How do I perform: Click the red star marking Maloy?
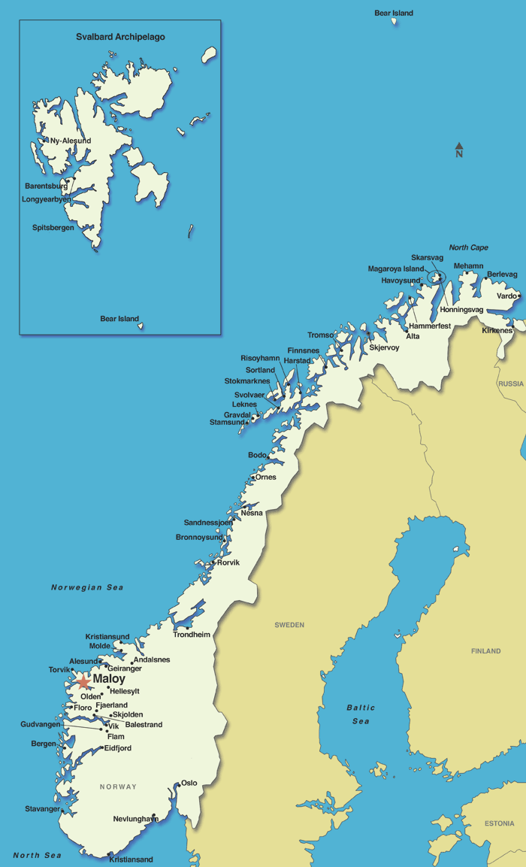click(83, 682)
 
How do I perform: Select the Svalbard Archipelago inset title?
click(120, 37)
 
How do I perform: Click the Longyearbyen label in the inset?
click(47, 199)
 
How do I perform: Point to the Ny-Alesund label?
click(70, 141)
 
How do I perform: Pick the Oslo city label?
click(189, 783)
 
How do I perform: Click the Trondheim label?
click(192, 635)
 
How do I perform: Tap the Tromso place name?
click(322, 335)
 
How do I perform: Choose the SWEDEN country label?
click(289, 625)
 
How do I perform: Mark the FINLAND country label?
click(485, 651)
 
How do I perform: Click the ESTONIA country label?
click(499, 823)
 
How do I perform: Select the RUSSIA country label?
click(511, 383)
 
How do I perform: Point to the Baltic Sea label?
click(361, 714)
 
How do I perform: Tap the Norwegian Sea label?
click(87, 587)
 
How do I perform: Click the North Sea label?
click(37, 855)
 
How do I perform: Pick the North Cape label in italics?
click(468, 247)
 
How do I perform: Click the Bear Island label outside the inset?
click(394, 13)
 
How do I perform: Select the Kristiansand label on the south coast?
click(131, 859)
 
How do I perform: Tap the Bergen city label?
click(44, 744)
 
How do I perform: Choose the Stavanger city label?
click(42, 809)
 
